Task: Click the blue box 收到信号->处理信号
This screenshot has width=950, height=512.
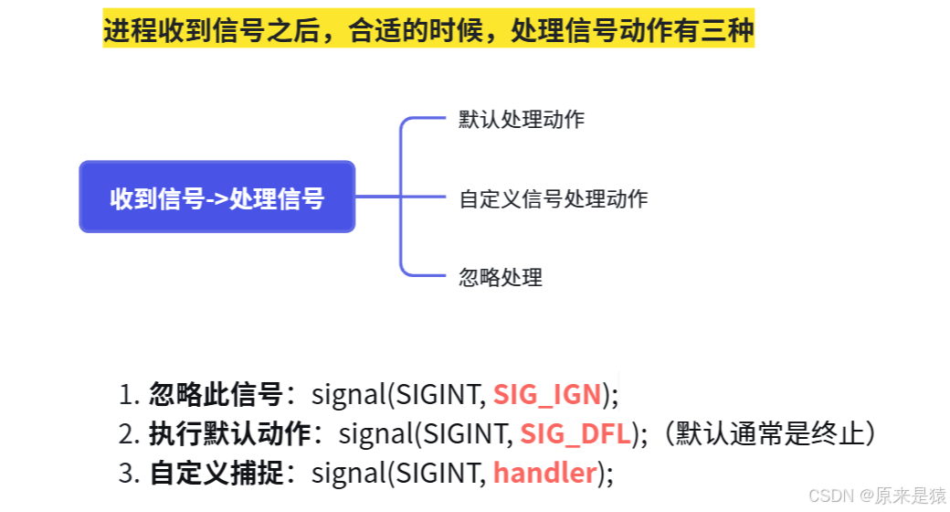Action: [x=216, y=197]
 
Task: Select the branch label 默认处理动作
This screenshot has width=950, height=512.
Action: [x=522, y=120]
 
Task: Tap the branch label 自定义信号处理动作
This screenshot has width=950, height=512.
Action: [x=554, y=198]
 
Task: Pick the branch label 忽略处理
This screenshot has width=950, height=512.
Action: [x=501, y=276]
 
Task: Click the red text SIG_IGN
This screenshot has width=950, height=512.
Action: [x=547, y=395]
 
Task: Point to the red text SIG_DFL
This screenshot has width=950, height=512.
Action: [x=575, y=434]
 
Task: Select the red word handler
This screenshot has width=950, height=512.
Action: [x=544, y=474]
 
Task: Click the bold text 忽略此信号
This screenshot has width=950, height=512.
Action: [x=216, y=395]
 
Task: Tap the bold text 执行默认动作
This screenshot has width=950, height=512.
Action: [x=229, y=434]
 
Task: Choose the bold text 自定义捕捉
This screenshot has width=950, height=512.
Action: [x=216, y=474]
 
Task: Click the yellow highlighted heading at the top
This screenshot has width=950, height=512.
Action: [x=428, y=31]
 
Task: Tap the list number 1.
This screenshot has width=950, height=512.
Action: [x=127, y=395]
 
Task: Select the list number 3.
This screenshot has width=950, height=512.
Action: [x=127, y=474]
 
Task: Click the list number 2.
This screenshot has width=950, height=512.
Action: [x=127, y=434]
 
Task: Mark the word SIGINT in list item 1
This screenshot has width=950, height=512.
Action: [x=438, y=395]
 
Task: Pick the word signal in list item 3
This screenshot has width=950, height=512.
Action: [x=348, y=474]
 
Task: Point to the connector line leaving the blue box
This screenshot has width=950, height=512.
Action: [x=377, y=197]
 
